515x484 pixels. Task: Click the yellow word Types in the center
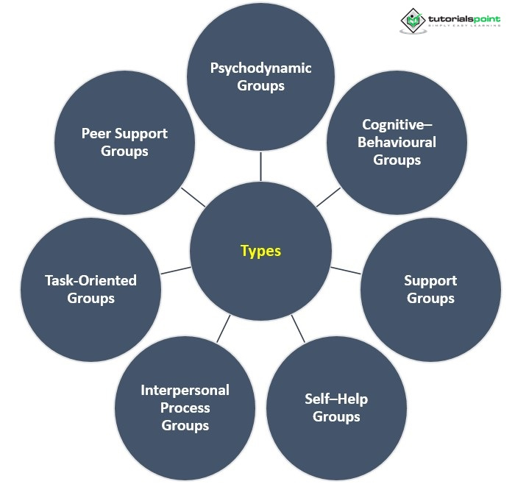260,251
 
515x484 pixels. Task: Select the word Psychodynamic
260,68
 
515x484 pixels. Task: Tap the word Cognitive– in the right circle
396,125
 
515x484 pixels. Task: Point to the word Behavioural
397,142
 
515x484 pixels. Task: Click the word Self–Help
336,399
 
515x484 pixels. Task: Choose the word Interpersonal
185,390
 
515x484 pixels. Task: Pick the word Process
185,408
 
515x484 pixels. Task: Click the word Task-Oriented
90,280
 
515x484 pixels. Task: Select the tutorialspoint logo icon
413,20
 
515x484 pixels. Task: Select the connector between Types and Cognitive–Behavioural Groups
328,196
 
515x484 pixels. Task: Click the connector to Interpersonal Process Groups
224,327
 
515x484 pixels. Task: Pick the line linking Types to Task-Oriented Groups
176,270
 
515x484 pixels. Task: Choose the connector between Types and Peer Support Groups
193,196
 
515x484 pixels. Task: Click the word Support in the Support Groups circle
430,280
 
